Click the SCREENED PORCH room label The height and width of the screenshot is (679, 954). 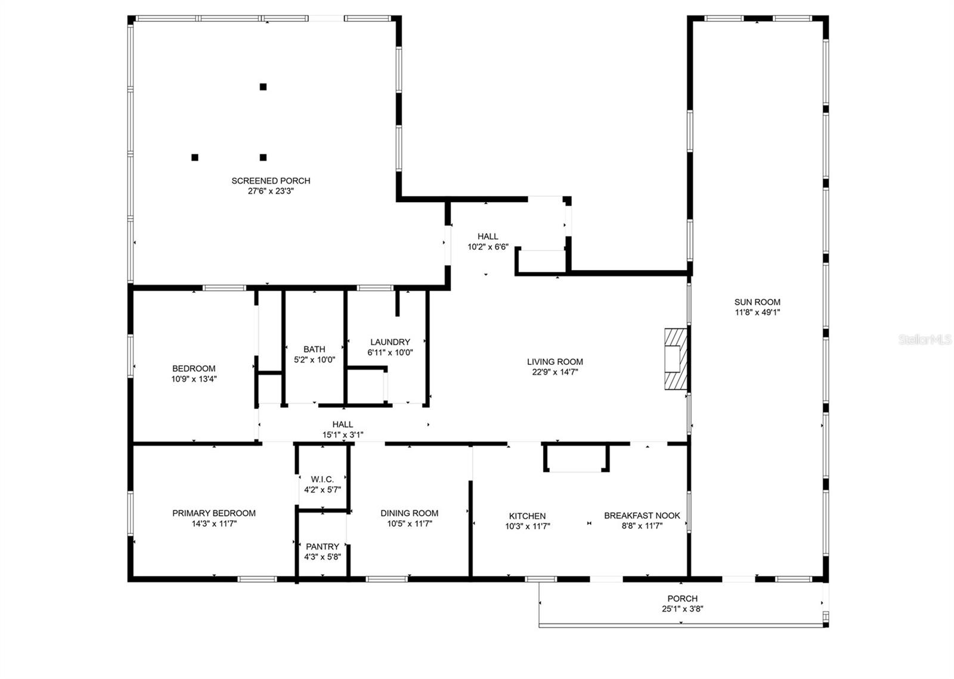click(x=271, y=181)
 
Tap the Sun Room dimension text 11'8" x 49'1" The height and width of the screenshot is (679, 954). click(x=757, y=312)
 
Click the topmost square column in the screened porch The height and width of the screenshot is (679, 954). click(x=263, y=87)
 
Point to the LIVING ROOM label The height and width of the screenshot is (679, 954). click(x=555, y=361)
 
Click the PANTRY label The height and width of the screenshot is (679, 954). click(x=322, y=547)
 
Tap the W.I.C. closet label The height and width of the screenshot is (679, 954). click(x=322, y=479)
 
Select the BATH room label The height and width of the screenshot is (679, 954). click(x=314, y=349)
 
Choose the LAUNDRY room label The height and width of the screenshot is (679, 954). click(x=390, y=342)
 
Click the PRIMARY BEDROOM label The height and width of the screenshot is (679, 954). click(x=213, y=513)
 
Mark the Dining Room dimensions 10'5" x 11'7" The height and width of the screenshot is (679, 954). click(x=409, y=524)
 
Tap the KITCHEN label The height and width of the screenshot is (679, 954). click(x=527, y=516)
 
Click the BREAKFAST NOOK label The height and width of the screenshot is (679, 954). click(x=642, y=516)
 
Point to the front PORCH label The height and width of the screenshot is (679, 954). click(x=682, y=599)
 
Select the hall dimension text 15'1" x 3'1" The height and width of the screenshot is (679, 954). click(x=342, y=435)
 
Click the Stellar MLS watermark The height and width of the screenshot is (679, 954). click(x=925, y=340)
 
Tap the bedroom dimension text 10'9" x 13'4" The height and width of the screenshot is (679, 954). click(x=194, y=379)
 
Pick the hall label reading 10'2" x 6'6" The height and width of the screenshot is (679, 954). click(x=487, y=247)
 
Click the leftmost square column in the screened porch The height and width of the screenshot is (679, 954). click(x=194, y=157)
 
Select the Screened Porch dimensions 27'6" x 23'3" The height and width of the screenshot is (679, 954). click(x=271, y=191)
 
